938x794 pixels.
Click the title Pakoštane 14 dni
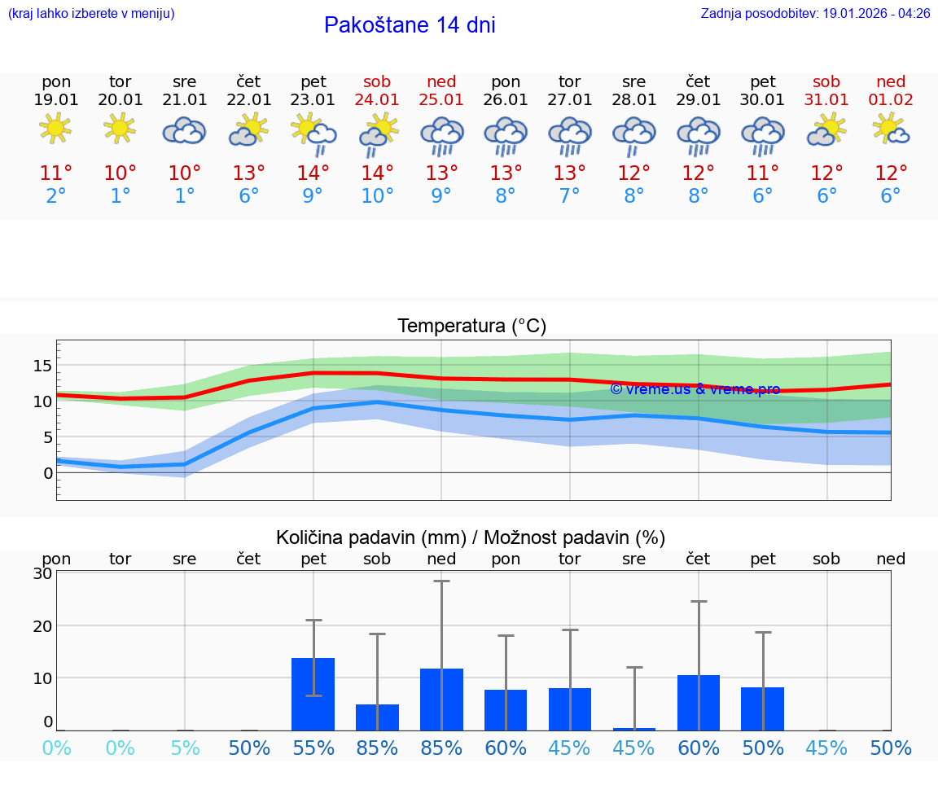[410, 25]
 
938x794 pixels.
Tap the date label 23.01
[313, 100]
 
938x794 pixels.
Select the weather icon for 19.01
[55, 129]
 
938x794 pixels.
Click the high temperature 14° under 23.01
[313, 173]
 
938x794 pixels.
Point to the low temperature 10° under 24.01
[377, 195]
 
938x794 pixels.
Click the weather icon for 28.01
[633, 132]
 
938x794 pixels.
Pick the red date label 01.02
[891, 100]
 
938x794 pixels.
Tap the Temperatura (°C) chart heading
[471, 327]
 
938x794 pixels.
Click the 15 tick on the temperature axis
[42, 366]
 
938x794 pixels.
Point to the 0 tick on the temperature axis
[48, 473]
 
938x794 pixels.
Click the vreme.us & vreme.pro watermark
[695, 389]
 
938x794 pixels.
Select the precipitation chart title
[471, 537]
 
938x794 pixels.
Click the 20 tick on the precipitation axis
[42, 625]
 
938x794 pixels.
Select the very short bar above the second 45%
[634, 729]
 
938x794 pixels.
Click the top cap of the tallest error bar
[441, 581]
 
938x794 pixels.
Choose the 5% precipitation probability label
[185, 748]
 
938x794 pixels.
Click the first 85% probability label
[377, 748]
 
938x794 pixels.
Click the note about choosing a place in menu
[91, 13]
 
